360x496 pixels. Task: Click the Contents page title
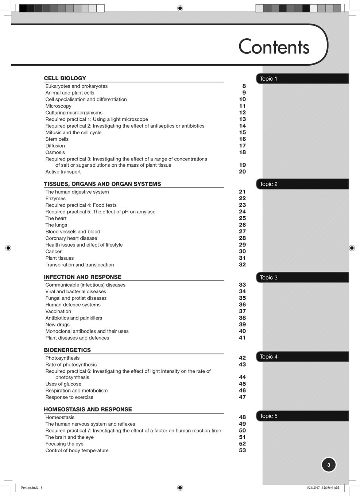pos(274,47)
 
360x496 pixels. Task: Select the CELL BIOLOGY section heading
pos(65,78)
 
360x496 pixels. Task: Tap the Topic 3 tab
pos(268,278)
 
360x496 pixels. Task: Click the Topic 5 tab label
pos(268,416)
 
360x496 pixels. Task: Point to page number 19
pos(242,165)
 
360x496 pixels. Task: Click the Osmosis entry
pos(55,152)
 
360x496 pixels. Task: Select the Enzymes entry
pos(55,198)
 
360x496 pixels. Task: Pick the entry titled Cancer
pos(53,251)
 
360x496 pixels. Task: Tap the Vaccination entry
pos(58,311)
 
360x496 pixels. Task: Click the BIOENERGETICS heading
pos(67,350)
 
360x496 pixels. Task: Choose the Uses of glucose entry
pos(63,384)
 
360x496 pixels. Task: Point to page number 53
pos(242,450)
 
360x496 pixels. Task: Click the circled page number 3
pos(329,465)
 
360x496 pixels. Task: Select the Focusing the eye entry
pos(64,444)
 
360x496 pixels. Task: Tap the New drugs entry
pos(57,325)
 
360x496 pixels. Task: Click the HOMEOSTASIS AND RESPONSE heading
pos(88,410)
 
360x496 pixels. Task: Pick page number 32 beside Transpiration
pos(242,265)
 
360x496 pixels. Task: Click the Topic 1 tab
pos(268,79)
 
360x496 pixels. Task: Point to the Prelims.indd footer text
pos(31,488)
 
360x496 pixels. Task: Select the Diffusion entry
pos(55,146)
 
